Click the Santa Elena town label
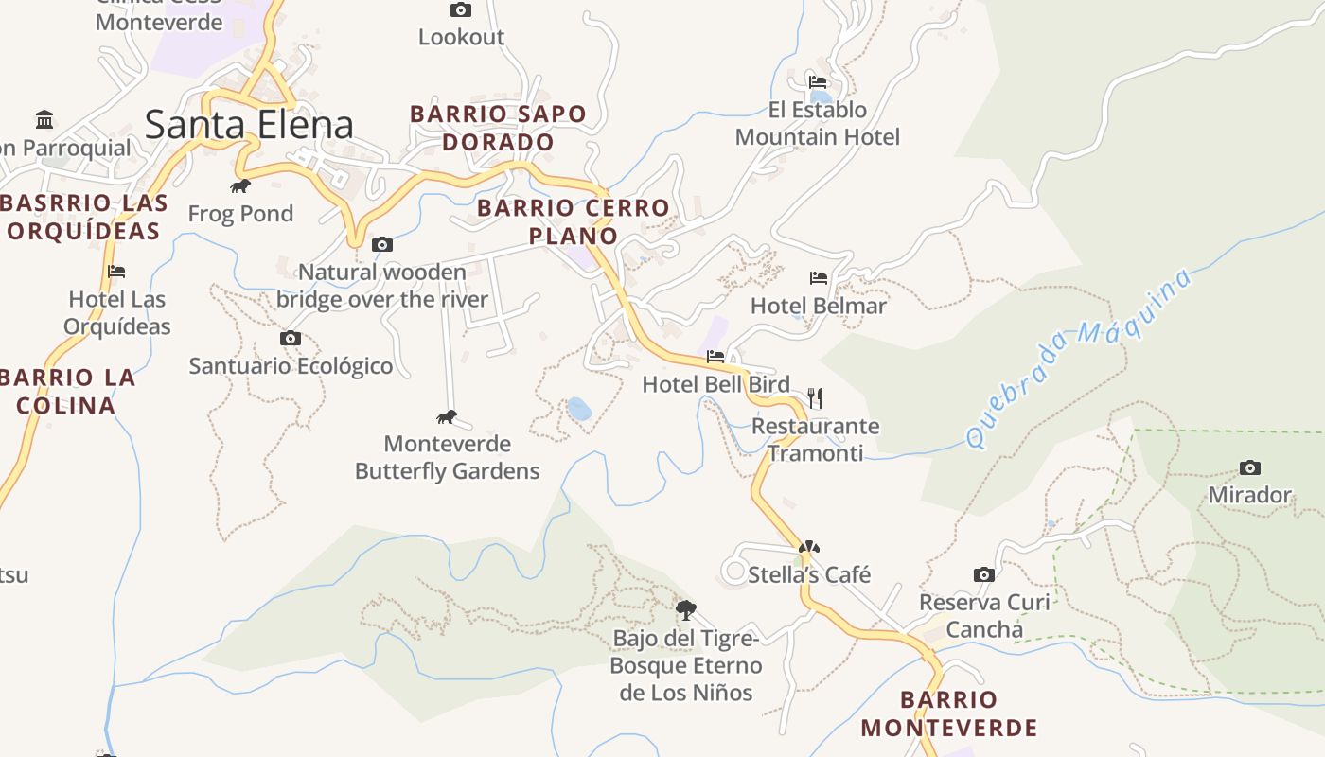coord(250,125)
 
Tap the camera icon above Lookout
coord(461,10)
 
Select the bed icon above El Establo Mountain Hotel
coord(818,82)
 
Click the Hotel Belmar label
coord(818,306)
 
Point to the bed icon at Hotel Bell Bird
coord(715,357)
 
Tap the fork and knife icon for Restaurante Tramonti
coord(815,397)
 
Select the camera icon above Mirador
coord(1249,467)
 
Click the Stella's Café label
coord(809,574)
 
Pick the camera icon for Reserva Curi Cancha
coord(984,574)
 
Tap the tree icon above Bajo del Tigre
coord(686,609)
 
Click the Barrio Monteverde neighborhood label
coord(949,713)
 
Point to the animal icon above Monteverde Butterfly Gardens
coord(447,416)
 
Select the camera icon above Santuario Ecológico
coord(291,338)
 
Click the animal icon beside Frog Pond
coord(240,185)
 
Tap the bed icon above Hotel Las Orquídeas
coord(116,272)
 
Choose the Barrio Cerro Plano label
coord(574,221)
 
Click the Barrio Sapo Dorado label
coord(498,128)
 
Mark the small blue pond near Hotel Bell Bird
coord(579,409)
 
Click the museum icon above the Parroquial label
coord(44,119)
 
